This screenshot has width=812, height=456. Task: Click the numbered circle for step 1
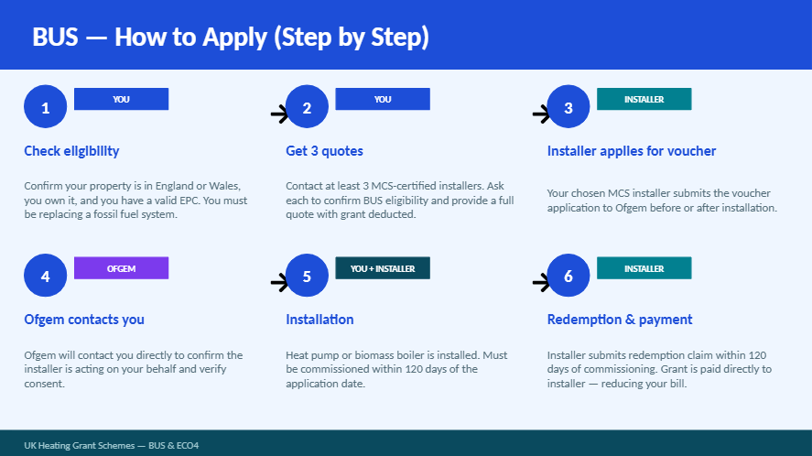pos(46,107)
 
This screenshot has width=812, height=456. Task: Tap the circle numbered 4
pos(46,276)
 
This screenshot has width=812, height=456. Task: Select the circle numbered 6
pos(568,276)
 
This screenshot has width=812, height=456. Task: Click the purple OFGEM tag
pos(121,268)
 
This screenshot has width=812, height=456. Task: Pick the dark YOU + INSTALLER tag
pos(383,268)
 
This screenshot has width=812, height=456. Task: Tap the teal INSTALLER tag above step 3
pos(644,99)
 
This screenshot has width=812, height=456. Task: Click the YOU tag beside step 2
pos(383,99)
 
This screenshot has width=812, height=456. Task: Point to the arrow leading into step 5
pos(279,282)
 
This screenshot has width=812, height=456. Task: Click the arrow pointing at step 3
pos(541,114)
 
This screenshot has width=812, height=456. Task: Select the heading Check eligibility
pos(71,151)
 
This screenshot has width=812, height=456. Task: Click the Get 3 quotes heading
pos(324,151)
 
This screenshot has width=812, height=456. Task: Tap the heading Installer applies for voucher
pos(632,151)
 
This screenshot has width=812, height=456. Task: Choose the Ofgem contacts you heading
pos(84,320)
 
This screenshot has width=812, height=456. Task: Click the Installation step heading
pos(319,320)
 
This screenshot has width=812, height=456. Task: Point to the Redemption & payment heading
pos(620,320)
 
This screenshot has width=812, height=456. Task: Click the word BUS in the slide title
pos(56,38)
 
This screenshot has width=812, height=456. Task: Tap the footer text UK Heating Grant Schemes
pos(80,446)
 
